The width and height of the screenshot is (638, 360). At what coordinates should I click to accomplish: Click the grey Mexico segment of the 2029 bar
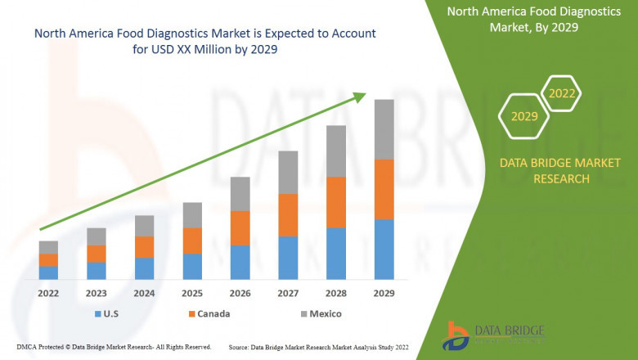384,129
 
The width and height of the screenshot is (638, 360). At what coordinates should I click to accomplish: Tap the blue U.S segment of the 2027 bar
288,258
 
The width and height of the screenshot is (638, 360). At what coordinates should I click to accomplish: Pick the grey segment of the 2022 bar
48,247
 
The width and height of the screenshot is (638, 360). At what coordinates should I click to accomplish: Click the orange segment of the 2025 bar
192,241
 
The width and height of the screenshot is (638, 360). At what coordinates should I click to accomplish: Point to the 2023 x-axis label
97,293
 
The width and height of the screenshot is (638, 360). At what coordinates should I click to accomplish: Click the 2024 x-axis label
144,293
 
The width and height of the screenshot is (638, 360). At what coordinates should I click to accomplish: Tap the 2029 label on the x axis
384,293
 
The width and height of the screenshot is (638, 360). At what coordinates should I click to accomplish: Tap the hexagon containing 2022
562,93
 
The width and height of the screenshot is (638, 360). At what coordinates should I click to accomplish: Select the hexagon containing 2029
524,117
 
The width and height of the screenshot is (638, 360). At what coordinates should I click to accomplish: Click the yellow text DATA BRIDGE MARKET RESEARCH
550,171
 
